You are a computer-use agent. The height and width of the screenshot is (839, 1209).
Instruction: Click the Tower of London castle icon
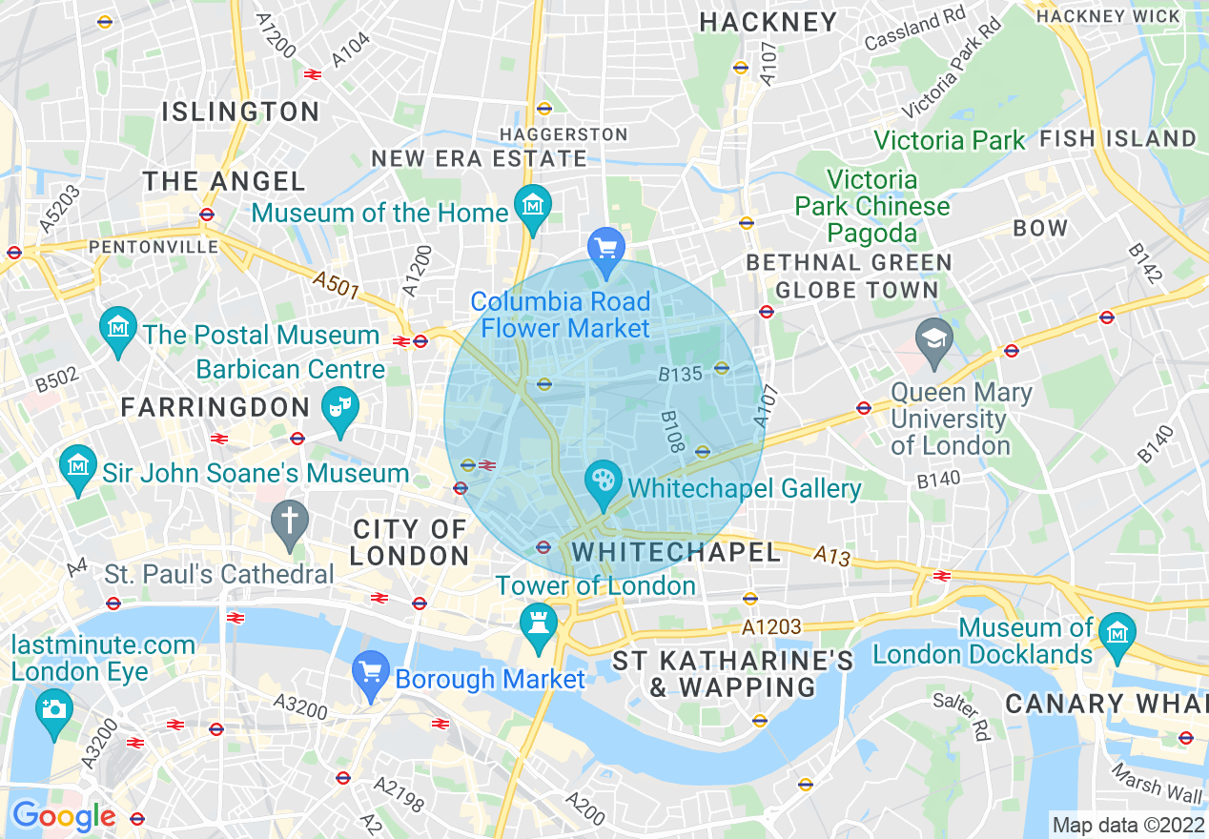(539, 624)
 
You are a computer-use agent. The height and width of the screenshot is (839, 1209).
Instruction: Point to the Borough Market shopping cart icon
(370, 673)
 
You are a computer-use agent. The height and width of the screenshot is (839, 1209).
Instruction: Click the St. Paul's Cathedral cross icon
(290, 521)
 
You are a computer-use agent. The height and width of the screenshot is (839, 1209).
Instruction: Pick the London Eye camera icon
(53, 710)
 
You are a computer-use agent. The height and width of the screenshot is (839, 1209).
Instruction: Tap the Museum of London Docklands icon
(1115, 632)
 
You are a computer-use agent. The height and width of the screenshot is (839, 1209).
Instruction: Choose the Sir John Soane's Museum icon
(77, 466)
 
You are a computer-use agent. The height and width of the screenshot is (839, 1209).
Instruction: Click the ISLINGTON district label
(240, 112)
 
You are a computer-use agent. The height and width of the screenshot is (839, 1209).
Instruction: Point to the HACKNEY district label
(768, 22)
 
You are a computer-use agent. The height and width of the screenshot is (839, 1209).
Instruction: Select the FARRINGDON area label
(215, 408)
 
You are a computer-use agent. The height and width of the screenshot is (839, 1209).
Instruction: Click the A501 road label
(338, 284)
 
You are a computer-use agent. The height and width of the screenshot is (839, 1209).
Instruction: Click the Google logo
(63, 816)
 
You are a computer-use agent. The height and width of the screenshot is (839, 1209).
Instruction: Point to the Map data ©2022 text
(1127, 824)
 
